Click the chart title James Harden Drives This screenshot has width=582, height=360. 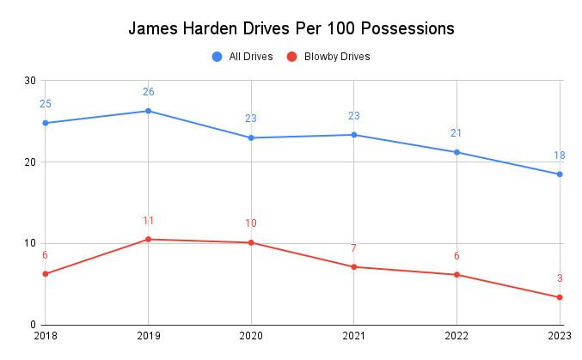pos(291,28)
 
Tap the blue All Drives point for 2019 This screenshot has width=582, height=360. pos(148,111)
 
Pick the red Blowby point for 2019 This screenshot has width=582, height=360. pos(148,239)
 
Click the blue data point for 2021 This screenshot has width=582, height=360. pos(354,135)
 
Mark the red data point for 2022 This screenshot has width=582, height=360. pos(457,275)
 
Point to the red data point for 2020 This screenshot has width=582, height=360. pos(251,242)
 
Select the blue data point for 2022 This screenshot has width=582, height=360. pos(457,152)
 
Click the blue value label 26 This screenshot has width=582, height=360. pos(148,92)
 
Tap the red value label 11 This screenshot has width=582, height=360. pos(148,221)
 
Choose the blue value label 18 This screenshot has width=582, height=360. pos(559,156)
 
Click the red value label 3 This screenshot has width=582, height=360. pos(560,278)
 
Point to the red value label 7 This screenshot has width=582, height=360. pos(353,249)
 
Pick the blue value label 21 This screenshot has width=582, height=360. pos(456,133)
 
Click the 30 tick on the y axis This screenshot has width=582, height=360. pos(30,81)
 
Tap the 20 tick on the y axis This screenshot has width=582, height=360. pos(30,162)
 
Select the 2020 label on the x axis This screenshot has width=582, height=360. pos(251,337)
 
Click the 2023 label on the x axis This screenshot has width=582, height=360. pos(560,337)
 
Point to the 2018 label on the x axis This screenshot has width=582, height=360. pos(45,337)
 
